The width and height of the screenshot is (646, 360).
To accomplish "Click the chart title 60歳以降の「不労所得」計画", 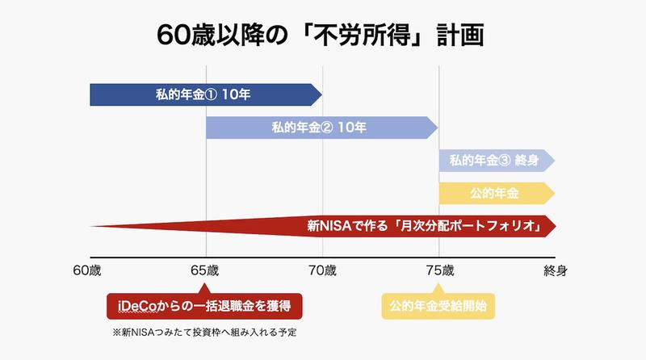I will click(323, 38).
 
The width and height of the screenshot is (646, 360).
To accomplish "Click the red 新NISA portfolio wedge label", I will click(424, 225).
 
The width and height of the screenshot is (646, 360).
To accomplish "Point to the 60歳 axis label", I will click(89, 269).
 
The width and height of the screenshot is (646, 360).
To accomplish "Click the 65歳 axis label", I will click(206, 269).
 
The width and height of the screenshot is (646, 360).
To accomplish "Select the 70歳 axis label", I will click(322, 269).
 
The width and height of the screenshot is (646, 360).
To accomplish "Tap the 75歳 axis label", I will click(438, 269).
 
